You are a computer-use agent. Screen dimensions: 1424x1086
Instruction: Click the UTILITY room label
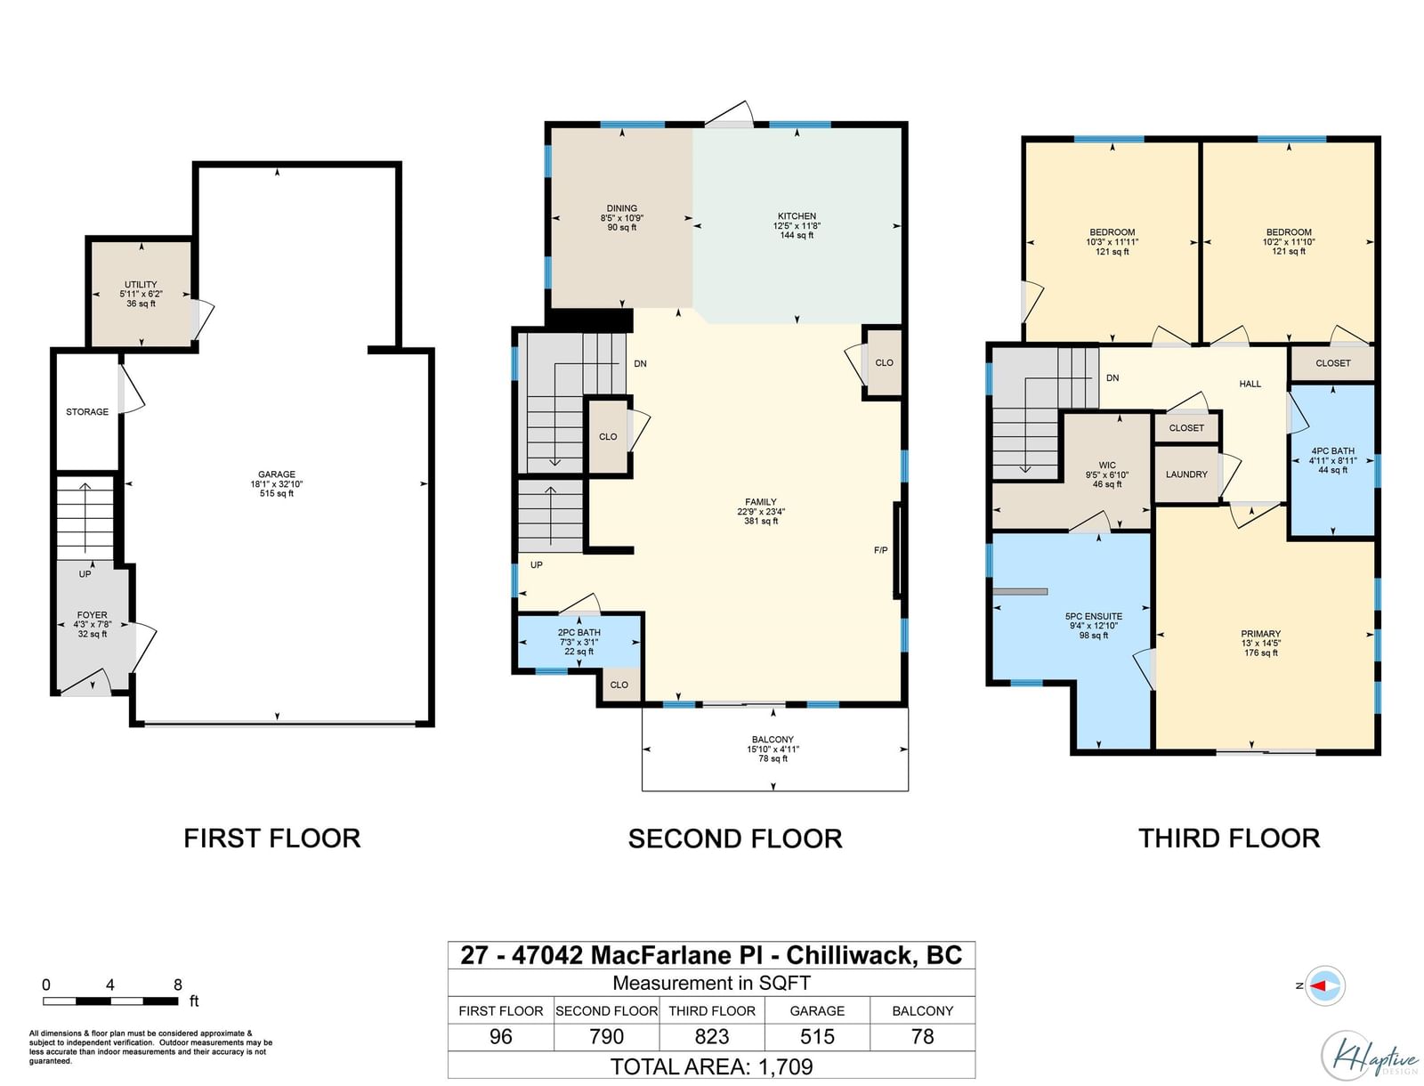141,284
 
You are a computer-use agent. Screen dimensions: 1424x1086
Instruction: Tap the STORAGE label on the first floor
87,412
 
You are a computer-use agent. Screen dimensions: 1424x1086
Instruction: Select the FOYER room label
93,615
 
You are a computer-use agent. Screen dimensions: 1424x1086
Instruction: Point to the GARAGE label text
277,474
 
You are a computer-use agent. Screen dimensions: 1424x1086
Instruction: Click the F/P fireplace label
880,550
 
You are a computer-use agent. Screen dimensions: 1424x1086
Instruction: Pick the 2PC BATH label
578,633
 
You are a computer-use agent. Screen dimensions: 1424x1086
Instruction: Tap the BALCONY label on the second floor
773,740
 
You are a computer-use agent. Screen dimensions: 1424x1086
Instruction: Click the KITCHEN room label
797,216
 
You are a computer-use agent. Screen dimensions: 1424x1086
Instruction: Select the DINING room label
621,208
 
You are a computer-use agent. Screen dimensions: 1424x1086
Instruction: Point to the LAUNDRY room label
1186,474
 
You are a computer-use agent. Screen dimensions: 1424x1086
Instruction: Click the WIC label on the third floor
1107,466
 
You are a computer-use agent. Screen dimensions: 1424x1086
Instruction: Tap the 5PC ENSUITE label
1093,616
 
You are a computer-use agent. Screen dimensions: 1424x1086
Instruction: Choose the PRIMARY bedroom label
1260,634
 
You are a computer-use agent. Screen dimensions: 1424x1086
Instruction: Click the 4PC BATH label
1332,451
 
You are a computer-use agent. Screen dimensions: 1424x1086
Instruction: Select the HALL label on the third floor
1250,384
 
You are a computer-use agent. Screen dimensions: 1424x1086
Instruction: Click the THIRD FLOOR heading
1229,839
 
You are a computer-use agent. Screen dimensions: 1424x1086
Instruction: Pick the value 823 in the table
712,1037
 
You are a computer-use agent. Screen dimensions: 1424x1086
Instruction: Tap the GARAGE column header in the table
817,1010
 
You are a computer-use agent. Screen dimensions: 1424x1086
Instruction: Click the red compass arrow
1318,986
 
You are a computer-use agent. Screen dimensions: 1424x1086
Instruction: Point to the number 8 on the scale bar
178,985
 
